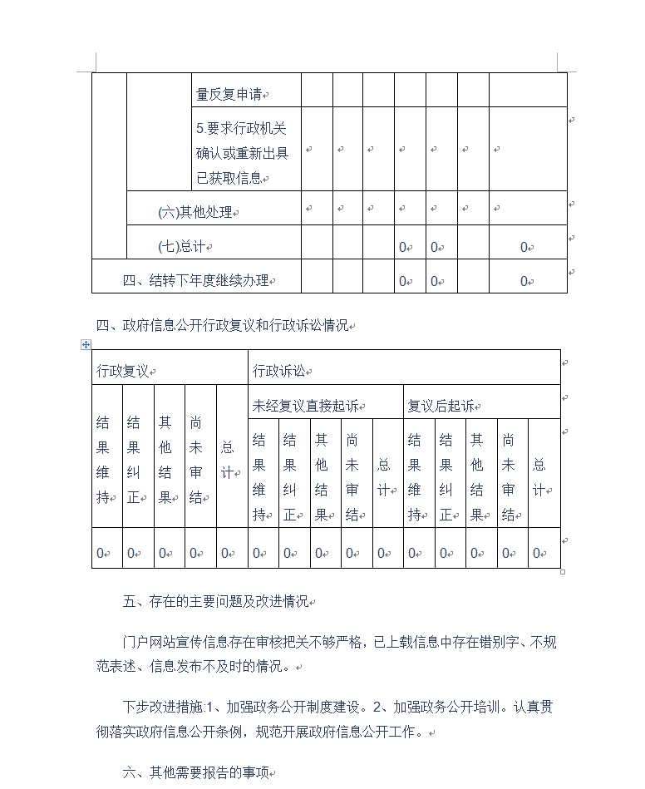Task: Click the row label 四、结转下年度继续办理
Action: [x=196, y=281]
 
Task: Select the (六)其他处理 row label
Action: [x=195, y=212]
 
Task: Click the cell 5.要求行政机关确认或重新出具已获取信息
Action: [x=242, y=153]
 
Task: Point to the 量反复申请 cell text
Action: [x=229, y=95]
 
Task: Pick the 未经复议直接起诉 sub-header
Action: [x=305, y=406]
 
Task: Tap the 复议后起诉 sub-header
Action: [x=441, y=406]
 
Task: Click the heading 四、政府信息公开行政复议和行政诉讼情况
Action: [x=222, y=325]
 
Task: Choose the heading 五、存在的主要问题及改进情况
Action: [x=214, y=601]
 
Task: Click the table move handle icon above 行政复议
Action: [x=86, y=343]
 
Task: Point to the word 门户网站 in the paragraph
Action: [x=148, y=641]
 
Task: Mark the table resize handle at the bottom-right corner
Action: [x=563, y=571]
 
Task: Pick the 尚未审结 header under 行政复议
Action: [x=196, y=460]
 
